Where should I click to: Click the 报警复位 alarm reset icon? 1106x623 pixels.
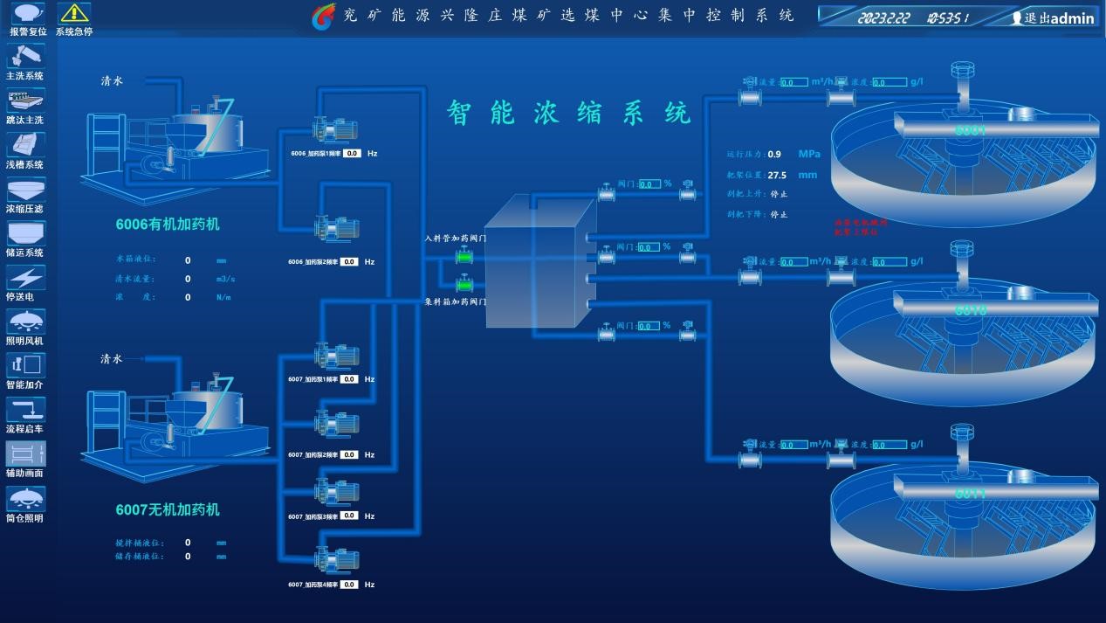[x=27, y=13]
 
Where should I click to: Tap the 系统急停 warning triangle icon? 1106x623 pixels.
[x=74, y=13]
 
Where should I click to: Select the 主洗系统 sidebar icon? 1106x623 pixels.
[x=25, y=57]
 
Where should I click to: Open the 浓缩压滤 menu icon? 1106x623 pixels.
[x=25, y=190]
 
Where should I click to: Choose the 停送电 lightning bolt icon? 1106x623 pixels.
[x=25, y=278]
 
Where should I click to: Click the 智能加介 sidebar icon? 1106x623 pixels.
[x=25, y=365]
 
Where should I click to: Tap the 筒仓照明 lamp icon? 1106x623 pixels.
[x=25, y=498]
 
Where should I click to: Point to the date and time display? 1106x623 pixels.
[x=912, y=17]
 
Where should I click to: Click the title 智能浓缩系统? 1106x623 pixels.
[x=568, y=113]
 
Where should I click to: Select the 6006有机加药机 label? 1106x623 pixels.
[x=168, y=225]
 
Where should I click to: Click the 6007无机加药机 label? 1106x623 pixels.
[x=168, y=509]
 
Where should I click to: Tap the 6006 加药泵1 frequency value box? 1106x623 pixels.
[x=352, y=153]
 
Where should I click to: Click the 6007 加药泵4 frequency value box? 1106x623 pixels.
[x=349, y=585]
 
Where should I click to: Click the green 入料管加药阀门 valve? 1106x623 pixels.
[x=464, y=257]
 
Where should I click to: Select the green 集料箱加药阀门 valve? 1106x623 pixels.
[x=464, y=284]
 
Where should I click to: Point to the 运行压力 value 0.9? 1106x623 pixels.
[x=774, y=155]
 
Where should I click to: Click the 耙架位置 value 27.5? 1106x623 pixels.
[x=777, y=175]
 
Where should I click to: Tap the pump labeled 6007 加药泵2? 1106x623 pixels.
[x=337, y=424]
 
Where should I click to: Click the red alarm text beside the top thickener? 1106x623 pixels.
[x=860, y=227]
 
